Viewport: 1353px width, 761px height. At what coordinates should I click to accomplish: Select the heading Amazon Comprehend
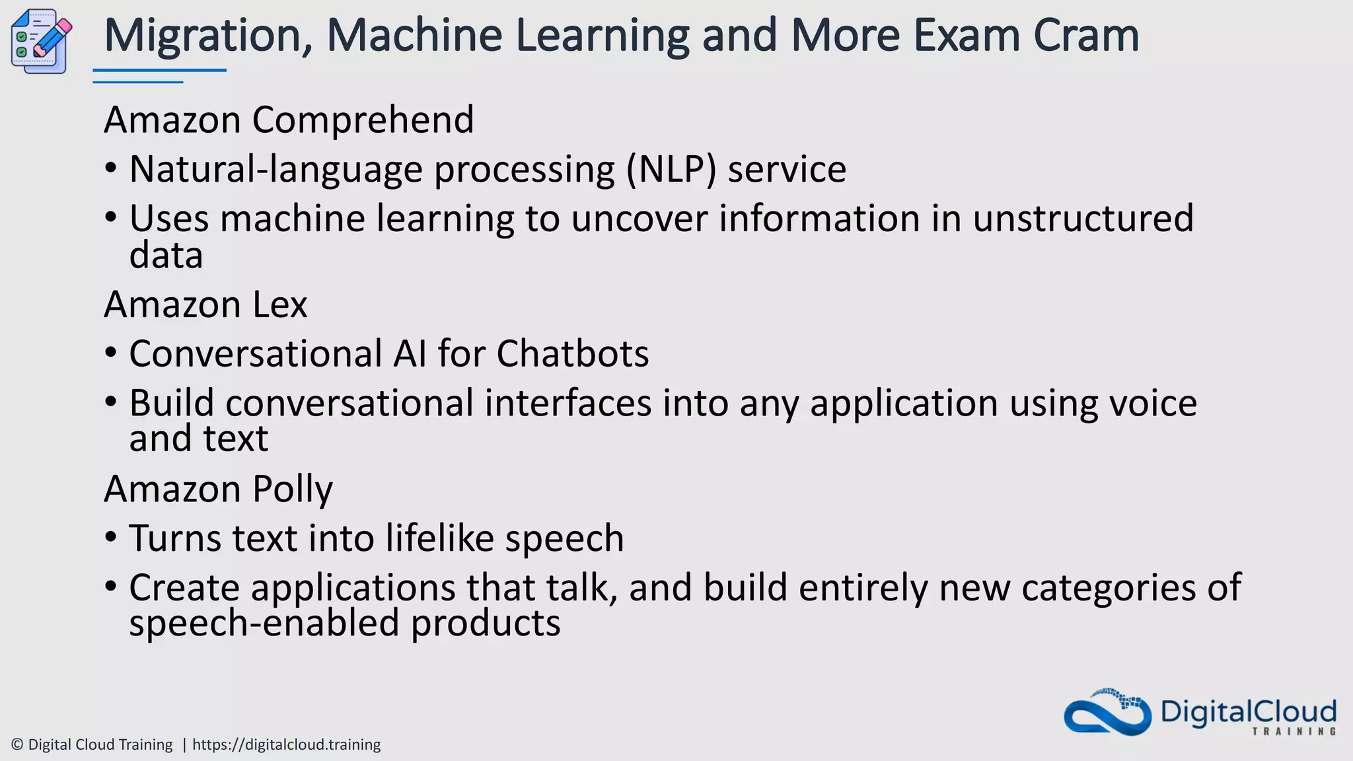point(289,120)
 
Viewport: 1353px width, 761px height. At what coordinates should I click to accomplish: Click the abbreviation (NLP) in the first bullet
point(671,170)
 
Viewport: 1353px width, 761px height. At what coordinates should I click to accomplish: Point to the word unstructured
point(1083,219)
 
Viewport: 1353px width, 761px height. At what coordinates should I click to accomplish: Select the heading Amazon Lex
point(205,305)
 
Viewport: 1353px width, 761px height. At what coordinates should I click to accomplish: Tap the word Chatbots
point(572,353)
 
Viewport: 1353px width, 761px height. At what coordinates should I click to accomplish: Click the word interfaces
point(568,403)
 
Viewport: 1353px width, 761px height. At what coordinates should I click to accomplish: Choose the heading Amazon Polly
point(218,489)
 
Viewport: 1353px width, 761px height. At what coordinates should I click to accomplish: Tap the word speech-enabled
point(264,623)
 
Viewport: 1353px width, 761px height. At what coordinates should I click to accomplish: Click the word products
point(486,623)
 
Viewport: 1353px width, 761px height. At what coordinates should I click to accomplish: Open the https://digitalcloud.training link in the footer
point(286,744)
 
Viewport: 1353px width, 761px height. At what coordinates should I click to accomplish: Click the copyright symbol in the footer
point(18,744)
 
